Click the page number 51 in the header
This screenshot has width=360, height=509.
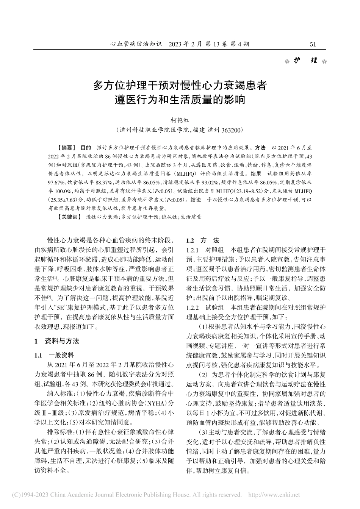coord(313,44)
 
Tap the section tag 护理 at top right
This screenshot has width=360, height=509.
coord(306,61)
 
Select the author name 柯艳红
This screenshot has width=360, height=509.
coord(180,121)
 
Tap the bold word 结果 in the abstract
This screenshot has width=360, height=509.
coord(256,173)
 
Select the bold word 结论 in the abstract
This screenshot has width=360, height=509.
coord(196,200)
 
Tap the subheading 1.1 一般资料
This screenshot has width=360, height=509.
coord(55,355)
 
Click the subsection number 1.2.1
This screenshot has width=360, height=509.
coord(193,250)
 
